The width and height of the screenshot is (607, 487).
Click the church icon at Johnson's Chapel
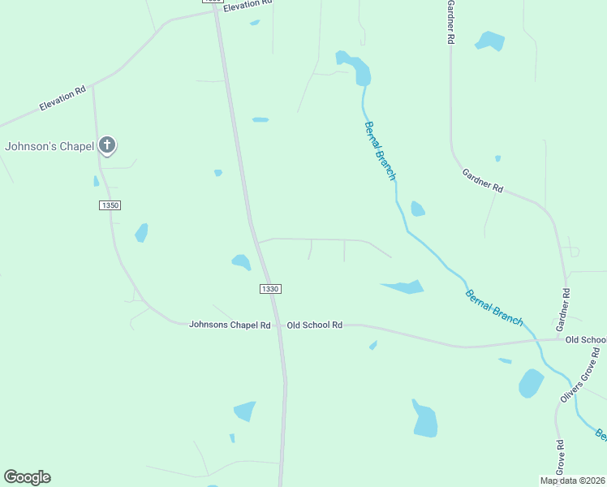106,145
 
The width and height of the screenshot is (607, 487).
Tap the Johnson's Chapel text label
50,147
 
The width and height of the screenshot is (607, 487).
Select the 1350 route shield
110,205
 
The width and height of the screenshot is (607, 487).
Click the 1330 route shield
270,289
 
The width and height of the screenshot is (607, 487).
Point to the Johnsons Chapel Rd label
230,325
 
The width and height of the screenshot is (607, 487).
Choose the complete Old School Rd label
315,325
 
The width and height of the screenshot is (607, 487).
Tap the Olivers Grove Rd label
579,374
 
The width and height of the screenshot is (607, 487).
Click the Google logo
27,477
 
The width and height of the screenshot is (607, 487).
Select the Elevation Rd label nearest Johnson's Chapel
62,100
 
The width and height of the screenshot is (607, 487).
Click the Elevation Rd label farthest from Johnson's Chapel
247,4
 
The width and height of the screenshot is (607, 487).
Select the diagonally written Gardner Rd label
483,180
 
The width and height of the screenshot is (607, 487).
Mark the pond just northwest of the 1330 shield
241,261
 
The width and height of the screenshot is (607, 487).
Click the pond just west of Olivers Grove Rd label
531,383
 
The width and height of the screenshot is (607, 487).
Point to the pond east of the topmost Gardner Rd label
489,41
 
